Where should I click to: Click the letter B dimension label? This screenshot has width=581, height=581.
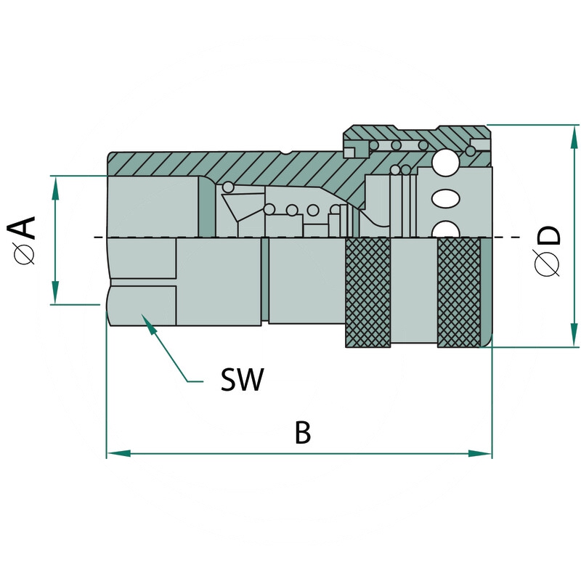[303, 433]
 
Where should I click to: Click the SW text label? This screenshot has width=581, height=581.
[242, 379]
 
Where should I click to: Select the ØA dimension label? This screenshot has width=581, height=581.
[25, 240]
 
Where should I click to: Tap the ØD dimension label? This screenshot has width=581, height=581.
[548, 251]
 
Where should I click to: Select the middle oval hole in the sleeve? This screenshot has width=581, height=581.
[446, 198]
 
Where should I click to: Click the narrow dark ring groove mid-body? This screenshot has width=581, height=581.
[265, 280]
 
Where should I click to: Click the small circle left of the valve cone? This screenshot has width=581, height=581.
[228, 187]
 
